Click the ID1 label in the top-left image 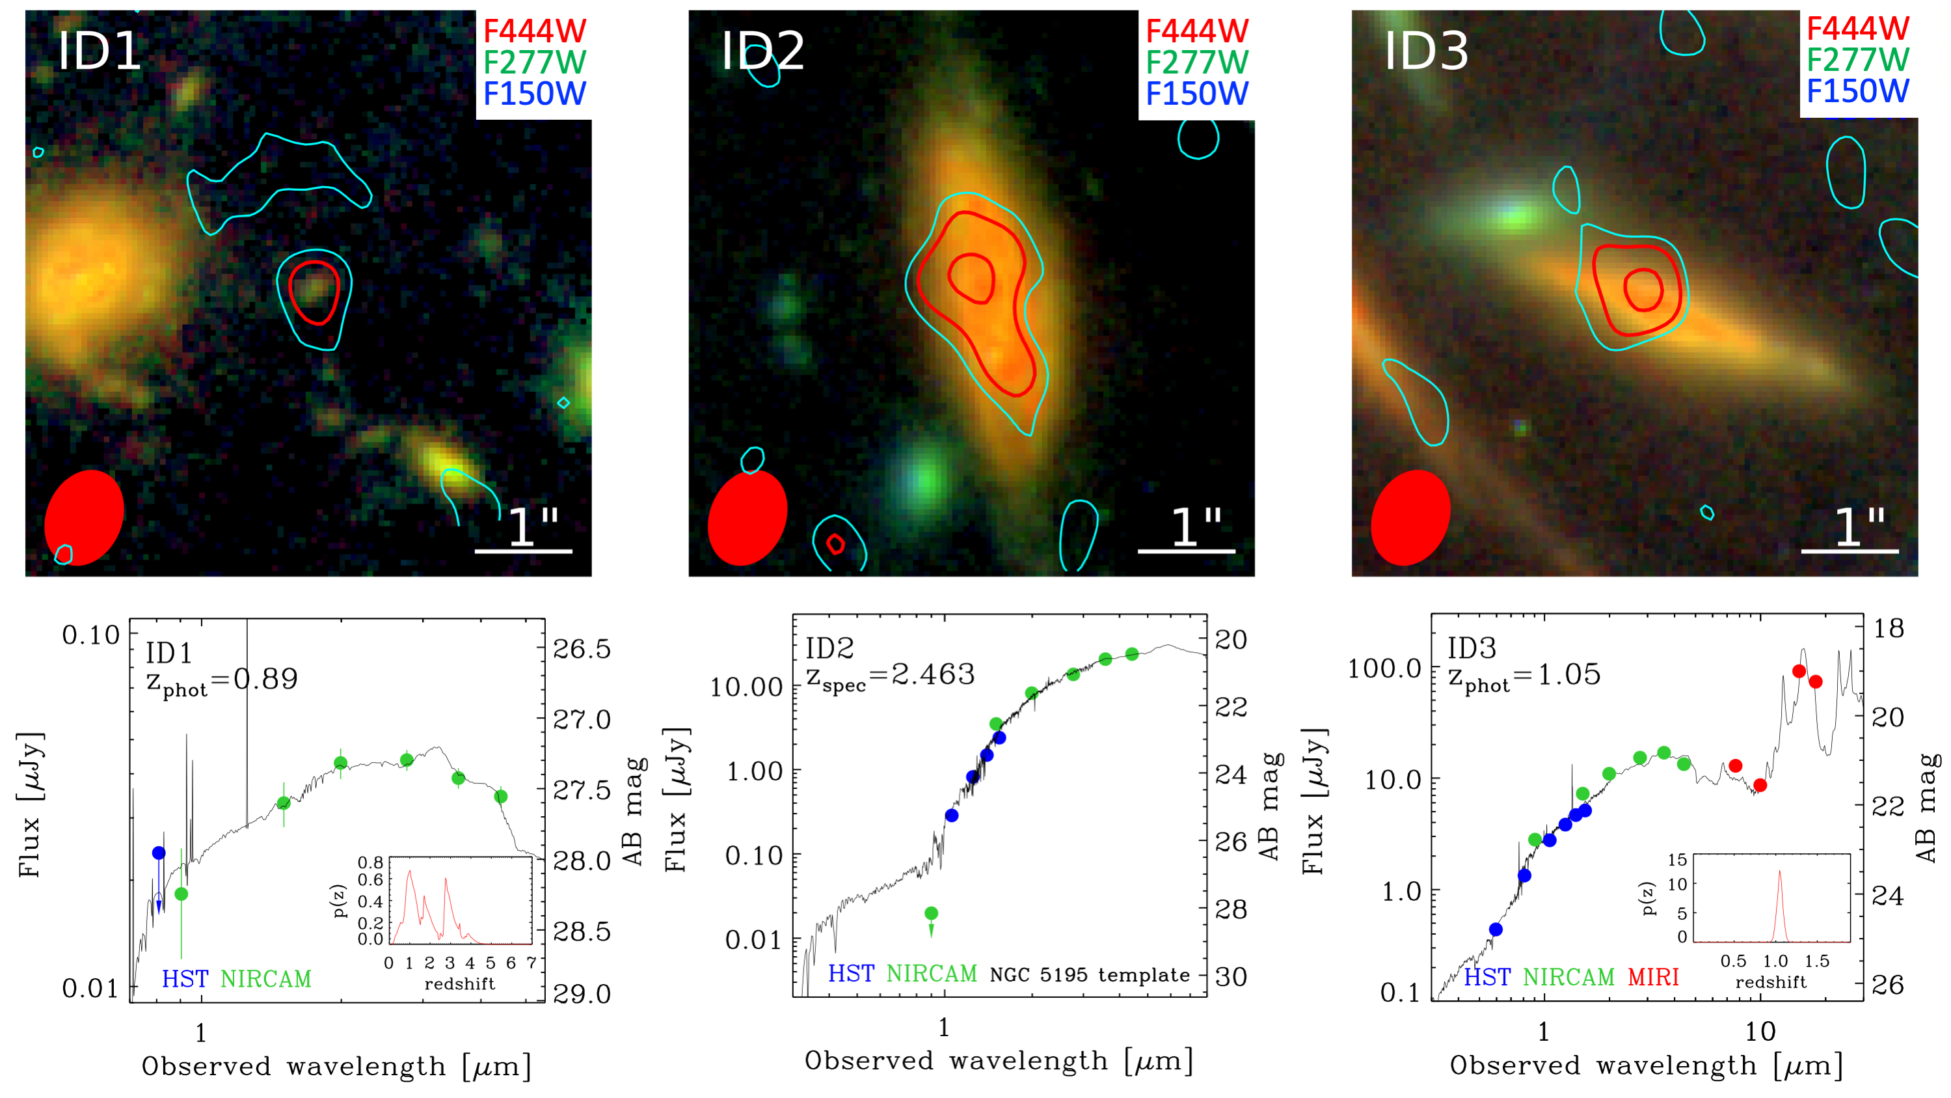(100, 51)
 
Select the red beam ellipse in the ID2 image (747, 517)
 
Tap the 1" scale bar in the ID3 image (1849, 550)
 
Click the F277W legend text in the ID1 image (534, 62)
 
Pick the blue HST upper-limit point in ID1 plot (158, 853)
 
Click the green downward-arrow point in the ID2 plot (932, 914)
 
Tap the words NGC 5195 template (1089, 974)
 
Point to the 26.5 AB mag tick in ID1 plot (582, 650)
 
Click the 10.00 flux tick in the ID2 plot (746, 687)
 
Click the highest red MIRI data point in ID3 (1799, 672)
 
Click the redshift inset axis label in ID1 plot (459, 984)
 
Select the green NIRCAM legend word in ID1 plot (266, 979)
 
